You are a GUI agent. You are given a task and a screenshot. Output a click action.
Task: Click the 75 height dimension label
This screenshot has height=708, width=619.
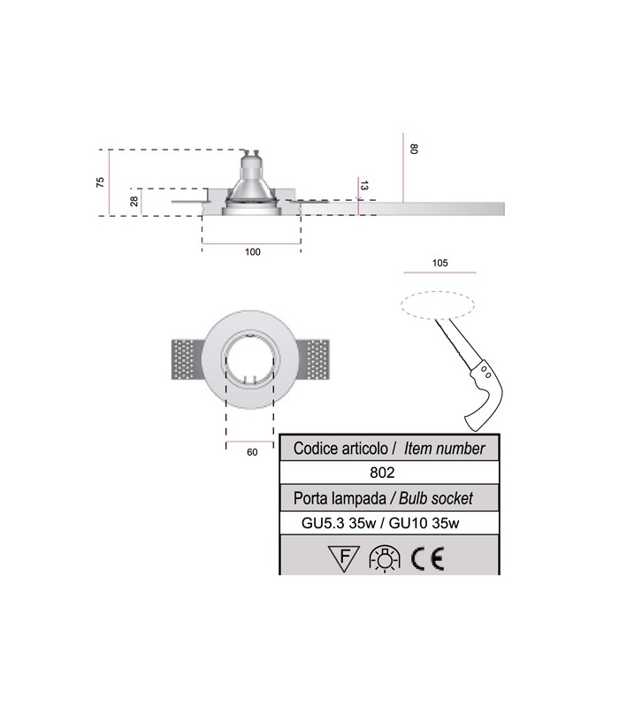tap(101, 182)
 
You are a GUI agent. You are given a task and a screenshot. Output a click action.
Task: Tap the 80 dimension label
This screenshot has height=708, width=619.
tap(413, 150)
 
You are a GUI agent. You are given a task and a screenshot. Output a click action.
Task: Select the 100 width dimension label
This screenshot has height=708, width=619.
tap(252, 252)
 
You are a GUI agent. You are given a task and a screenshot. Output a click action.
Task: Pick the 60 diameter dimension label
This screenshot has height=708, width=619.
tap(252, 452)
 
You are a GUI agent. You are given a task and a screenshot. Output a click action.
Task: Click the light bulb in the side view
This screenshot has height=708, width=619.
tap(251, 181)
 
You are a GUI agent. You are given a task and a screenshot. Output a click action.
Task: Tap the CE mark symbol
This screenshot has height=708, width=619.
tap(431, 558)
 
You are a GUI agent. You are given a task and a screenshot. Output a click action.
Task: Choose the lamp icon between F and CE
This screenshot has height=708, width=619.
tap(386, 558)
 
